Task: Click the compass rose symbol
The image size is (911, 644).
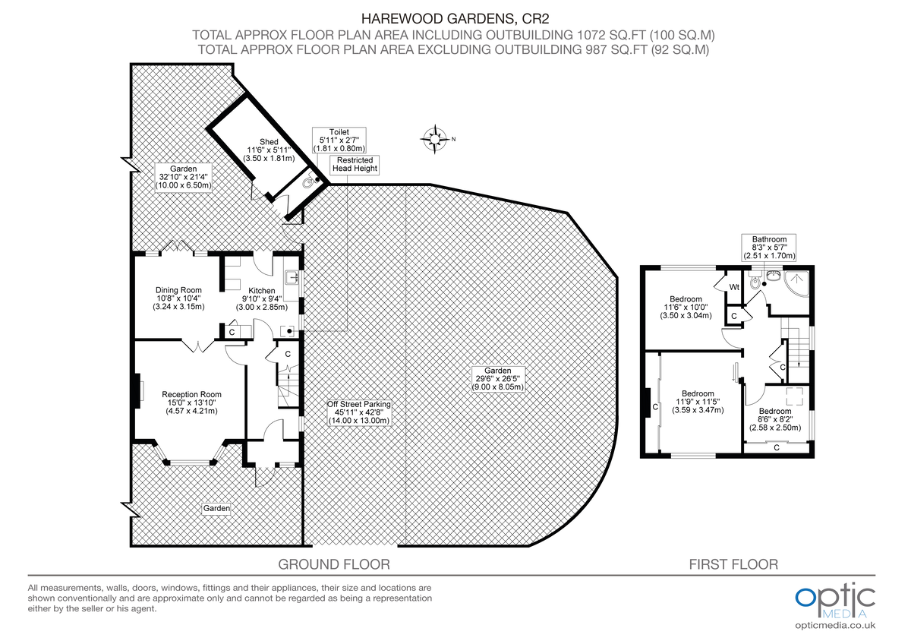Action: pos(434,138)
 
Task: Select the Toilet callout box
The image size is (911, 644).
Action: pos(338,140)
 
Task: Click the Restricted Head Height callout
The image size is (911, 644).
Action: pos(354,164)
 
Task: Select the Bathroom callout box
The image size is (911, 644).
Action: pos(769,248)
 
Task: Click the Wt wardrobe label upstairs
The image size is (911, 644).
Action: pos(734,287)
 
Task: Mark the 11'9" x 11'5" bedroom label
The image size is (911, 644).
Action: pos(698,402)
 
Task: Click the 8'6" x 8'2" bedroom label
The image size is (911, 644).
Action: pos(775,419)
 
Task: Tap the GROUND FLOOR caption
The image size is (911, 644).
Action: pos(334,564)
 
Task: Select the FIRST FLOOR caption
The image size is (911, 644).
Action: pos(733,564)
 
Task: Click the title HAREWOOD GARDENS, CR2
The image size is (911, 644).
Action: pos(455,18)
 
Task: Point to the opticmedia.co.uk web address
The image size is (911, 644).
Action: pos(835,625)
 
